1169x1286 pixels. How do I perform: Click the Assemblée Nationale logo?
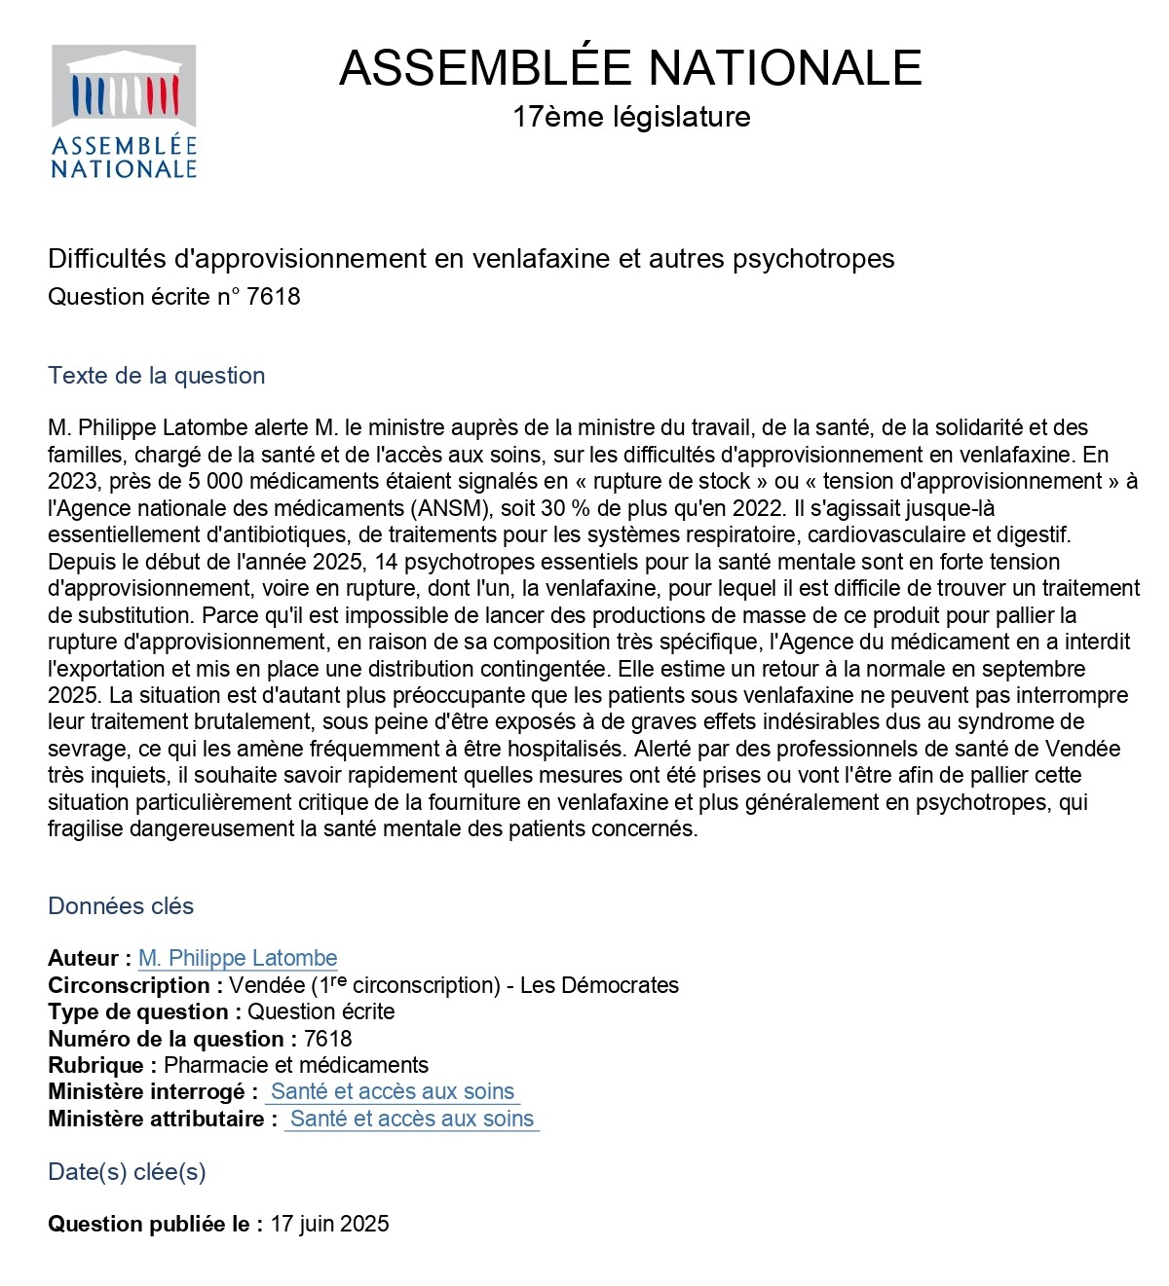point(124,112)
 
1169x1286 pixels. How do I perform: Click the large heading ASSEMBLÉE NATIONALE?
point(630,68)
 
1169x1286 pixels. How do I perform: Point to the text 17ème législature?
point(631,117)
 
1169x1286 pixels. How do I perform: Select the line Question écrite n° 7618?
point(174,297)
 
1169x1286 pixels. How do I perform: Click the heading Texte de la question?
point(156,376)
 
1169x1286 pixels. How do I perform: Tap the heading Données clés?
point(121,906)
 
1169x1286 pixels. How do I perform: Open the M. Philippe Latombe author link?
point(238,959)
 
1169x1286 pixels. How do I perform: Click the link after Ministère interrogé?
point(393,1092)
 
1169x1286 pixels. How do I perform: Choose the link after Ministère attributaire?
point(412,1120)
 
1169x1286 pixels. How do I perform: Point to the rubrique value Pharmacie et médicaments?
point(296,1065)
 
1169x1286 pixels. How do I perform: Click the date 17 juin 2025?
point(329,1225)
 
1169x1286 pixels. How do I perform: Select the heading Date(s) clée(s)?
point(127,1172)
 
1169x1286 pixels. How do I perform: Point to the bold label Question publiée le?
point(155,1225)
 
